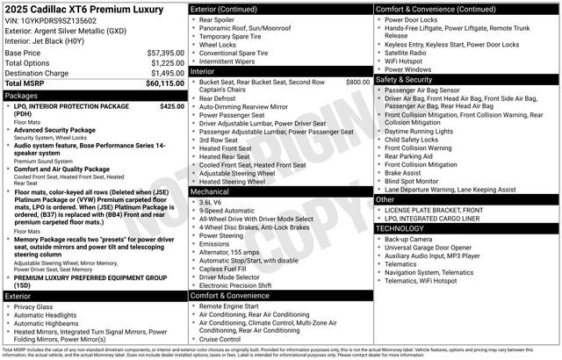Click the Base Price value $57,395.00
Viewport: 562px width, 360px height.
click(166, 54)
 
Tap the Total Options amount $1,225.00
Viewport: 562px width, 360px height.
click(168, 63)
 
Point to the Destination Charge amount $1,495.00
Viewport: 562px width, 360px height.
click(168, 73)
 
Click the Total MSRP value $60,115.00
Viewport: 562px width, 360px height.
click(165, 83)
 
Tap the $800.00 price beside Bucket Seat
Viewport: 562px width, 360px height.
click(357, 83)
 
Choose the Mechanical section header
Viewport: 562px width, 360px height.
click(211, 191)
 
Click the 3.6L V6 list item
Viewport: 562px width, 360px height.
click(212, 202)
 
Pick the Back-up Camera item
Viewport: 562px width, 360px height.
click(407, 239)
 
